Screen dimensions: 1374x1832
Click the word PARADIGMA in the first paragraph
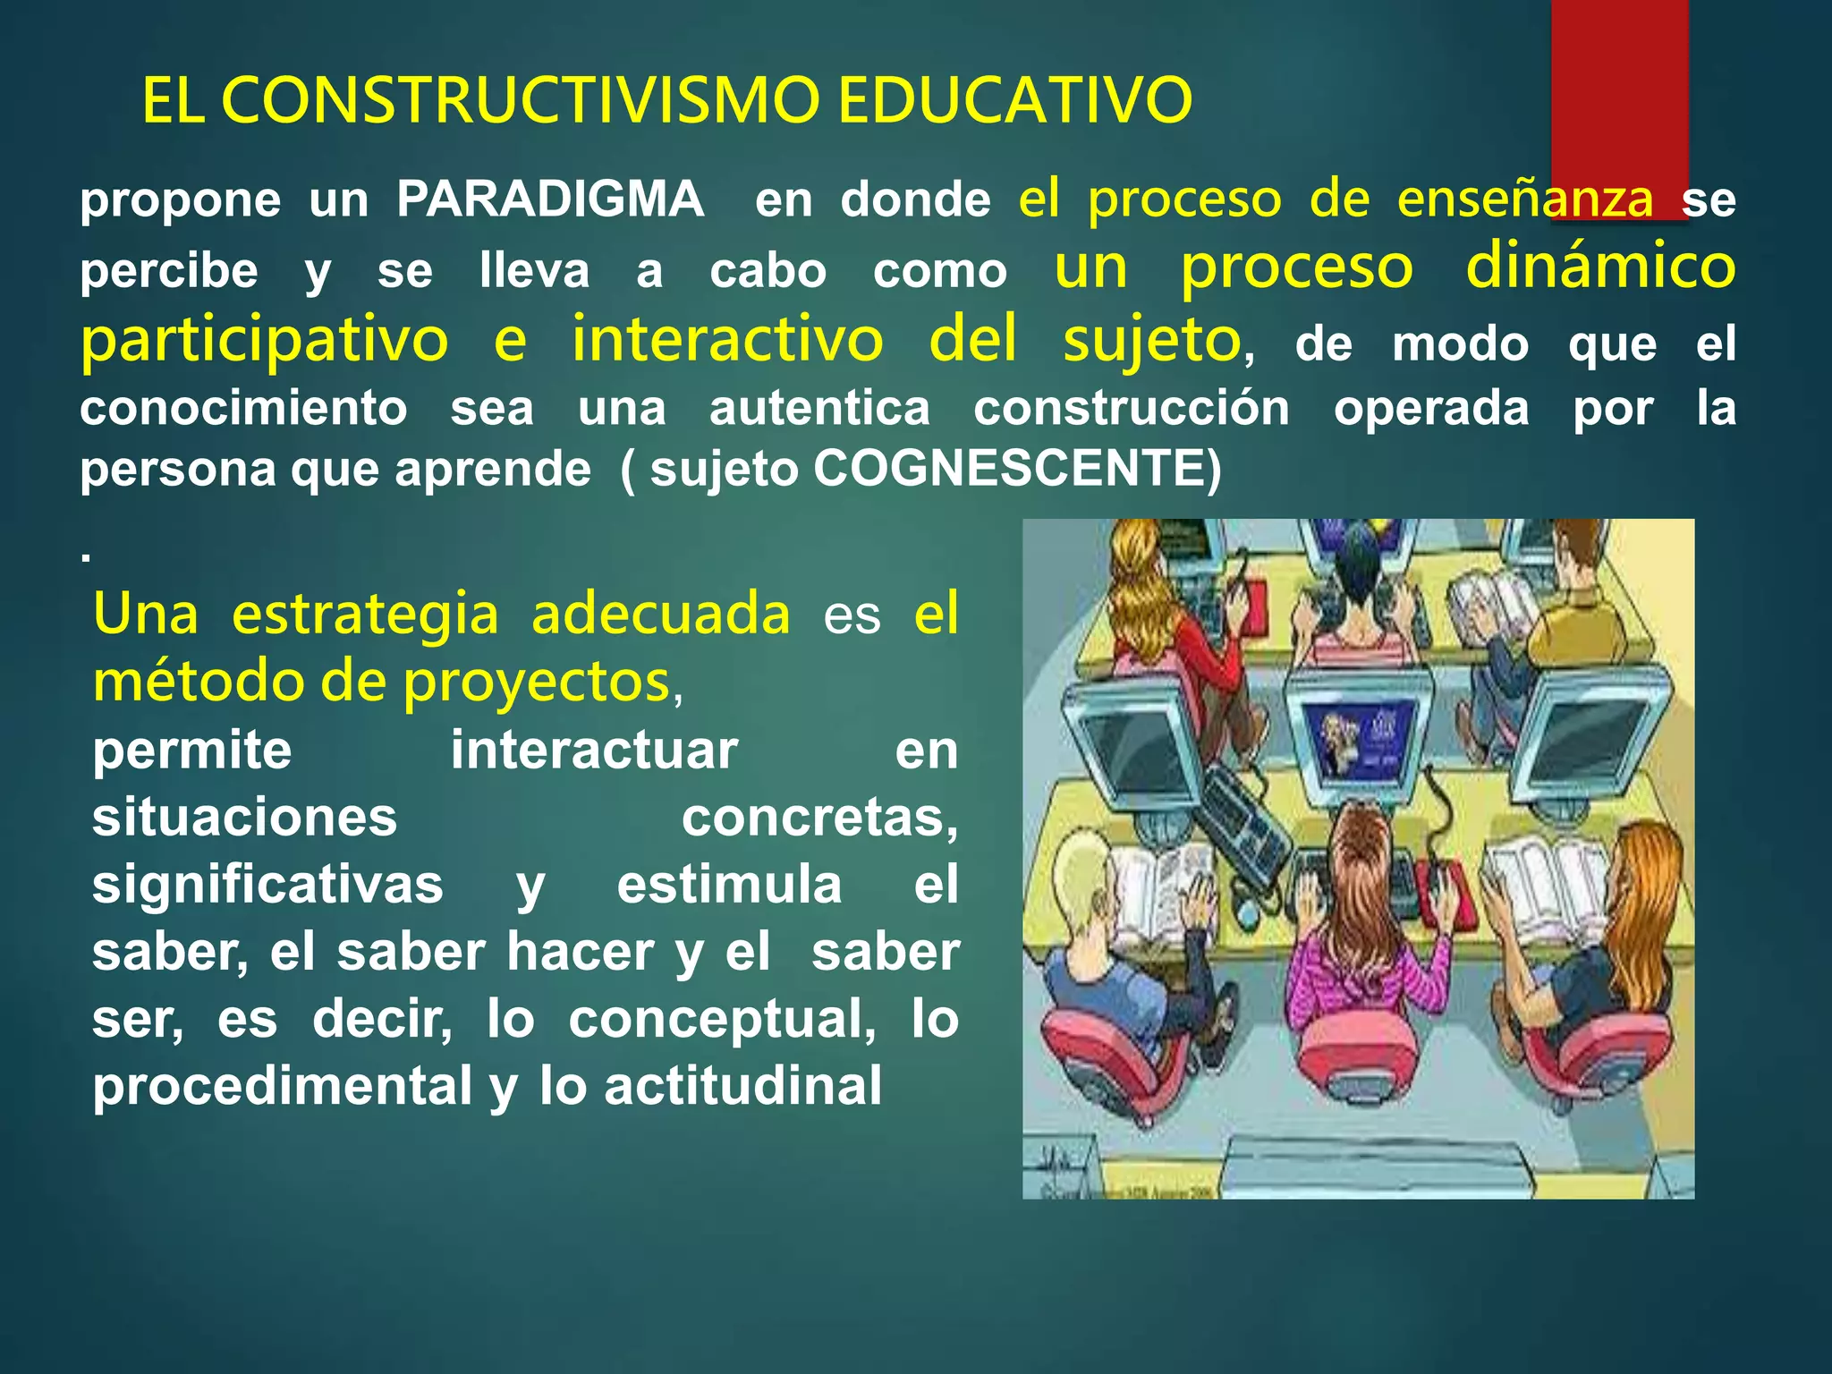[x=549, y=199]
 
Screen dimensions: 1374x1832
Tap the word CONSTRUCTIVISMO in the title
[x=520, y=100]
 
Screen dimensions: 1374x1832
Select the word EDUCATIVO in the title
[x=1014, y=100]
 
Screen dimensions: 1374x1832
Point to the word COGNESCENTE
[x=1016, y=468]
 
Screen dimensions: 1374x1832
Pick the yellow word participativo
[x=264, y=341]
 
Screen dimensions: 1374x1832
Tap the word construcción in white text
[x=1131, y=408]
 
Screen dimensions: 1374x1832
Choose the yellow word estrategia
[x=365, y=615]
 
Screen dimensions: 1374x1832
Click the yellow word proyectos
[x=537, y=683]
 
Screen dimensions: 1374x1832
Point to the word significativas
[x=267, y=885]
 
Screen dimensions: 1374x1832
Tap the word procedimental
[x=282, y=1086]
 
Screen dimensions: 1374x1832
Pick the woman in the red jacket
[x=1172, y=626]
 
